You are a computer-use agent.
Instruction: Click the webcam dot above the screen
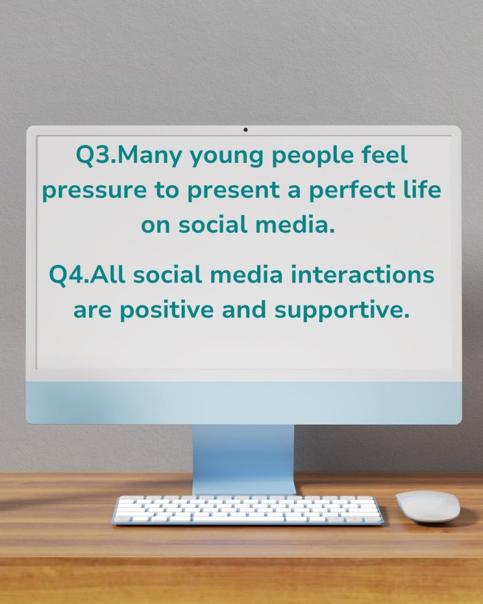point(245,130)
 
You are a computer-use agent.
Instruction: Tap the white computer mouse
point(428,507)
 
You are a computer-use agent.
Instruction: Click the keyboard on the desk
point(248,510)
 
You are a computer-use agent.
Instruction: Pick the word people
point(313,156)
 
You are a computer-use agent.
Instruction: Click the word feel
point(385,155)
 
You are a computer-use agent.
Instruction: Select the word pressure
point(94,192)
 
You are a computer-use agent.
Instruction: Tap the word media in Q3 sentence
point(295,224)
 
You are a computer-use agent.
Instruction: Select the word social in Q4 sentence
point(167,274)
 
